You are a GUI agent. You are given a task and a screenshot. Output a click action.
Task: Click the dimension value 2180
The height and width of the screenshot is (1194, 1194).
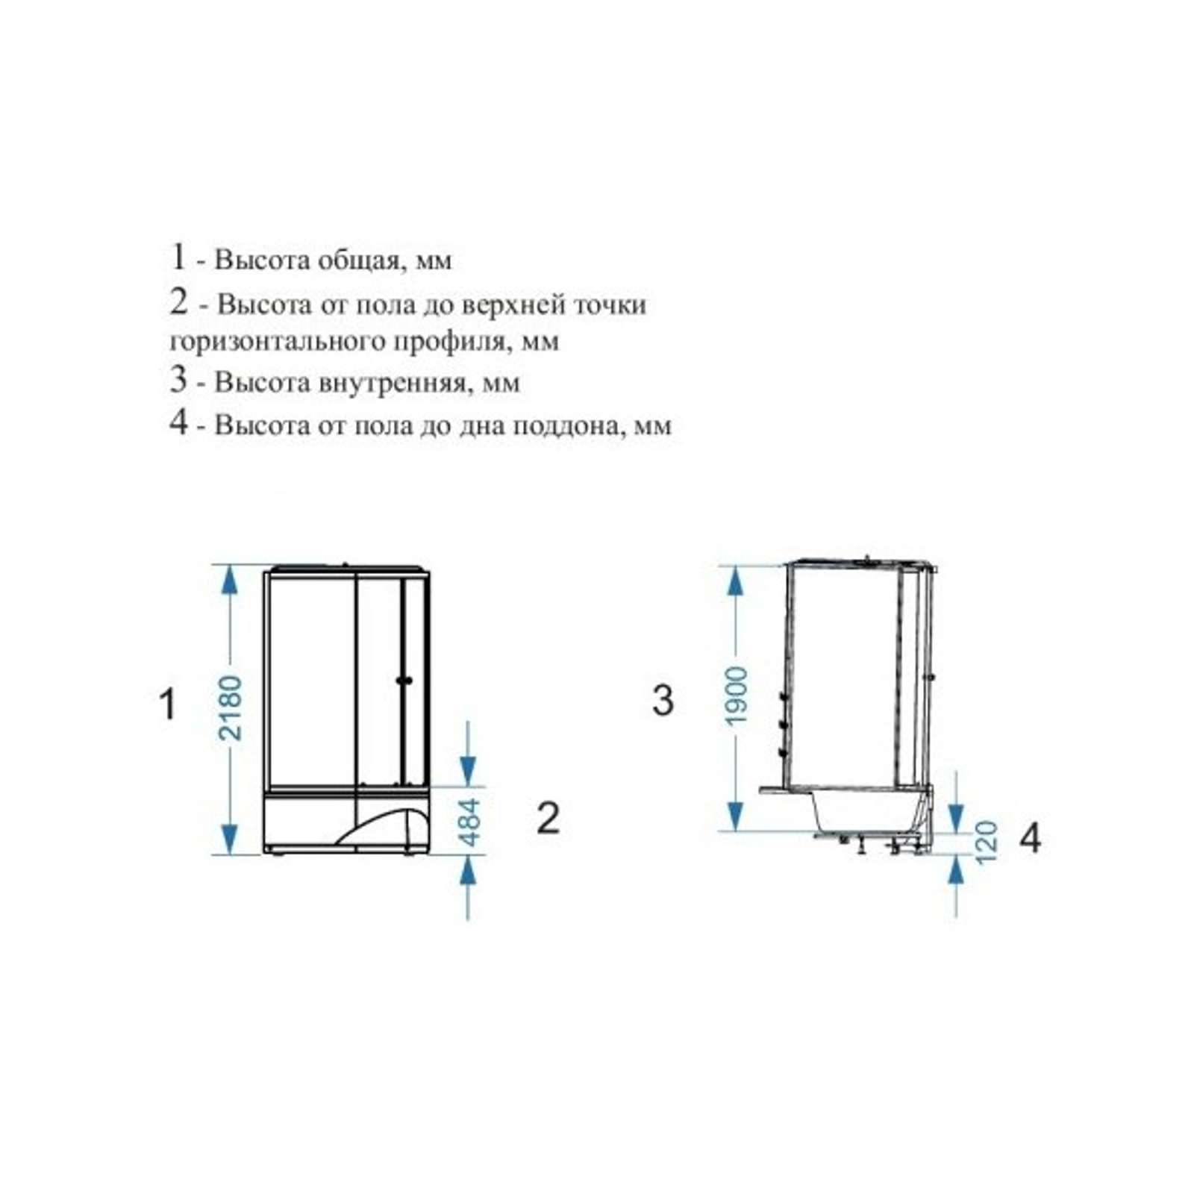(x=231, y=707)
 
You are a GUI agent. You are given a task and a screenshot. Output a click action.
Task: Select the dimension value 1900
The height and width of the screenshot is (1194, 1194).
(x=737, y=695)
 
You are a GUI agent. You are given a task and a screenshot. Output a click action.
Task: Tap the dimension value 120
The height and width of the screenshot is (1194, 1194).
(x=987, y=842)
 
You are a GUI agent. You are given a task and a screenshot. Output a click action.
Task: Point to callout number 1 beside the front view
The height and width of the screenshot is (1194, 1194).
(x=169, y=704)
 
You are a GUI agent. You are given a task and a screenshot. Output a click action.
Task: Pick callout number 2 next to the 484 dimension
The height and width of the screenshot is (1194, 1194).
(x=548, y=818)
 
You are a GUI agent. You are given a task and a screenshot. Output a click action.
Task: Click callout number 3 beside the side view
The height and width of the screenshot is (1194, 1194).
(x=663, y=700)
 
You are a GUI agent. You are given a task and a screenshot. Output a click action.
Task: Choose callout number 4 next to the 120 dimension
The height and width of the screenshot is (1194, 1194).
(x=1030, y=838)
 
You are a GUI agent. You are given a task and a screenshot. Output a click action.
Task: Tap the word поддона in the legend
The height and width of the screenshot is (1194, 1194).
(x=571, y=426)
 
